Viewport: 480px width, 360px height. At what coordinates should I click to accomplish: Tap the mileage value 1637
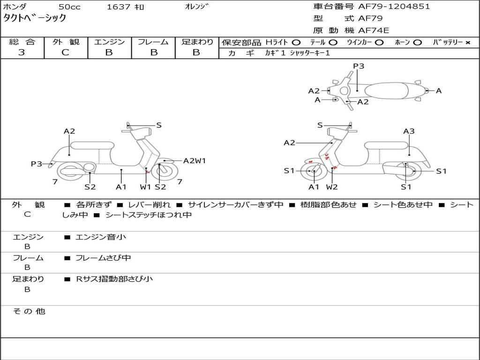[119, 7]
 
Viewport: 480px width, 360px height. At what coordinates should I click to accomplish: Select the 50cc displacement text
[69, 7]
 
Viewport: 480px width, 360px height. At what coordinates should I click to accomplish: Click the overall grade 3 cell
[22, 52]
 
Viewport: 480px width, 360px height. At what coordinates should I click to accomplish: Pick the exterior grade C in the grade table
[66, 52]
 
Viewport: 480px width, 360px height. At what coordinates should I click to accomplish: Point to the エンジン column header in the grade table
[109, 42]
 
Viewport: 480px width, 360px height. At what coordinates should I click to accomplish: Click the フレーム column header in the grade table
[153, 42]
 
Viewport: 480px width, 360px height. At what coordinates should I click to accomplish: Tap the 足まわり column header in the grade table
[197, 42]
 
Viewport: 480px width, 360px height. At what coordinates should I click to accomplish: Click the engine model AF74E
[373, 30]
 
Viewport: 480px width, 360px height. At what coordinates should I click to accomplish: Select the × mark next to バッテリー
[467, 43]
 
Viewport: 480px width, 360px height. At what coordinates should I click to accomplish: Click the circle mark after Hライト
[296, 43]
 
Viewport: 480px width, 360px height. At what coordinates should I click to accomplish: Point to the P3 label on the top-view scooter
[359, 66]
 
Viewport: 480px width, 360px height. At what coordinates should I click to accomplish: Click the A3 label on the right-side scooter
[409, 131]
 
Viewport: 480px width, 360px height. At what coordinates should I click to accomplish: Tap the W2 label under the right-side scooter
[332, 187]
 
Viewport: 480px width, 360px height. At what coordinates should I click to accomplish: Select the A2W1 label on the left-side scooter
[195, 161]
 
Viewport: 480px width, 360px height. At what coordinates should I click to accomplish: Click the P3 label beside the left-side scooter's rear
[37, 164]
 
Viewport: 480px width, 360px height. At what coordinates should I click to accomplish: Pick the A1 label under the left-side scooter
[121, 187]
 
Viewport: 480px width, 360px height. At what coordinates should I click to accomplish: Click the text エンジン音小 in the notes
[101, 237]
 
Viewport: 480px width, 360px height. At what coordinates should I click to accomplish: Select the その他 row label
[29, 311]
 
